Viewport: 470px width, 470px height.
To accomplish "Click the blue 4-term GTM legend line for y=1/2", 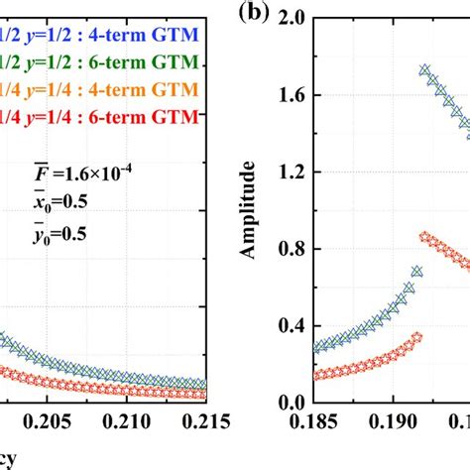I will tap(99, 37).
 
